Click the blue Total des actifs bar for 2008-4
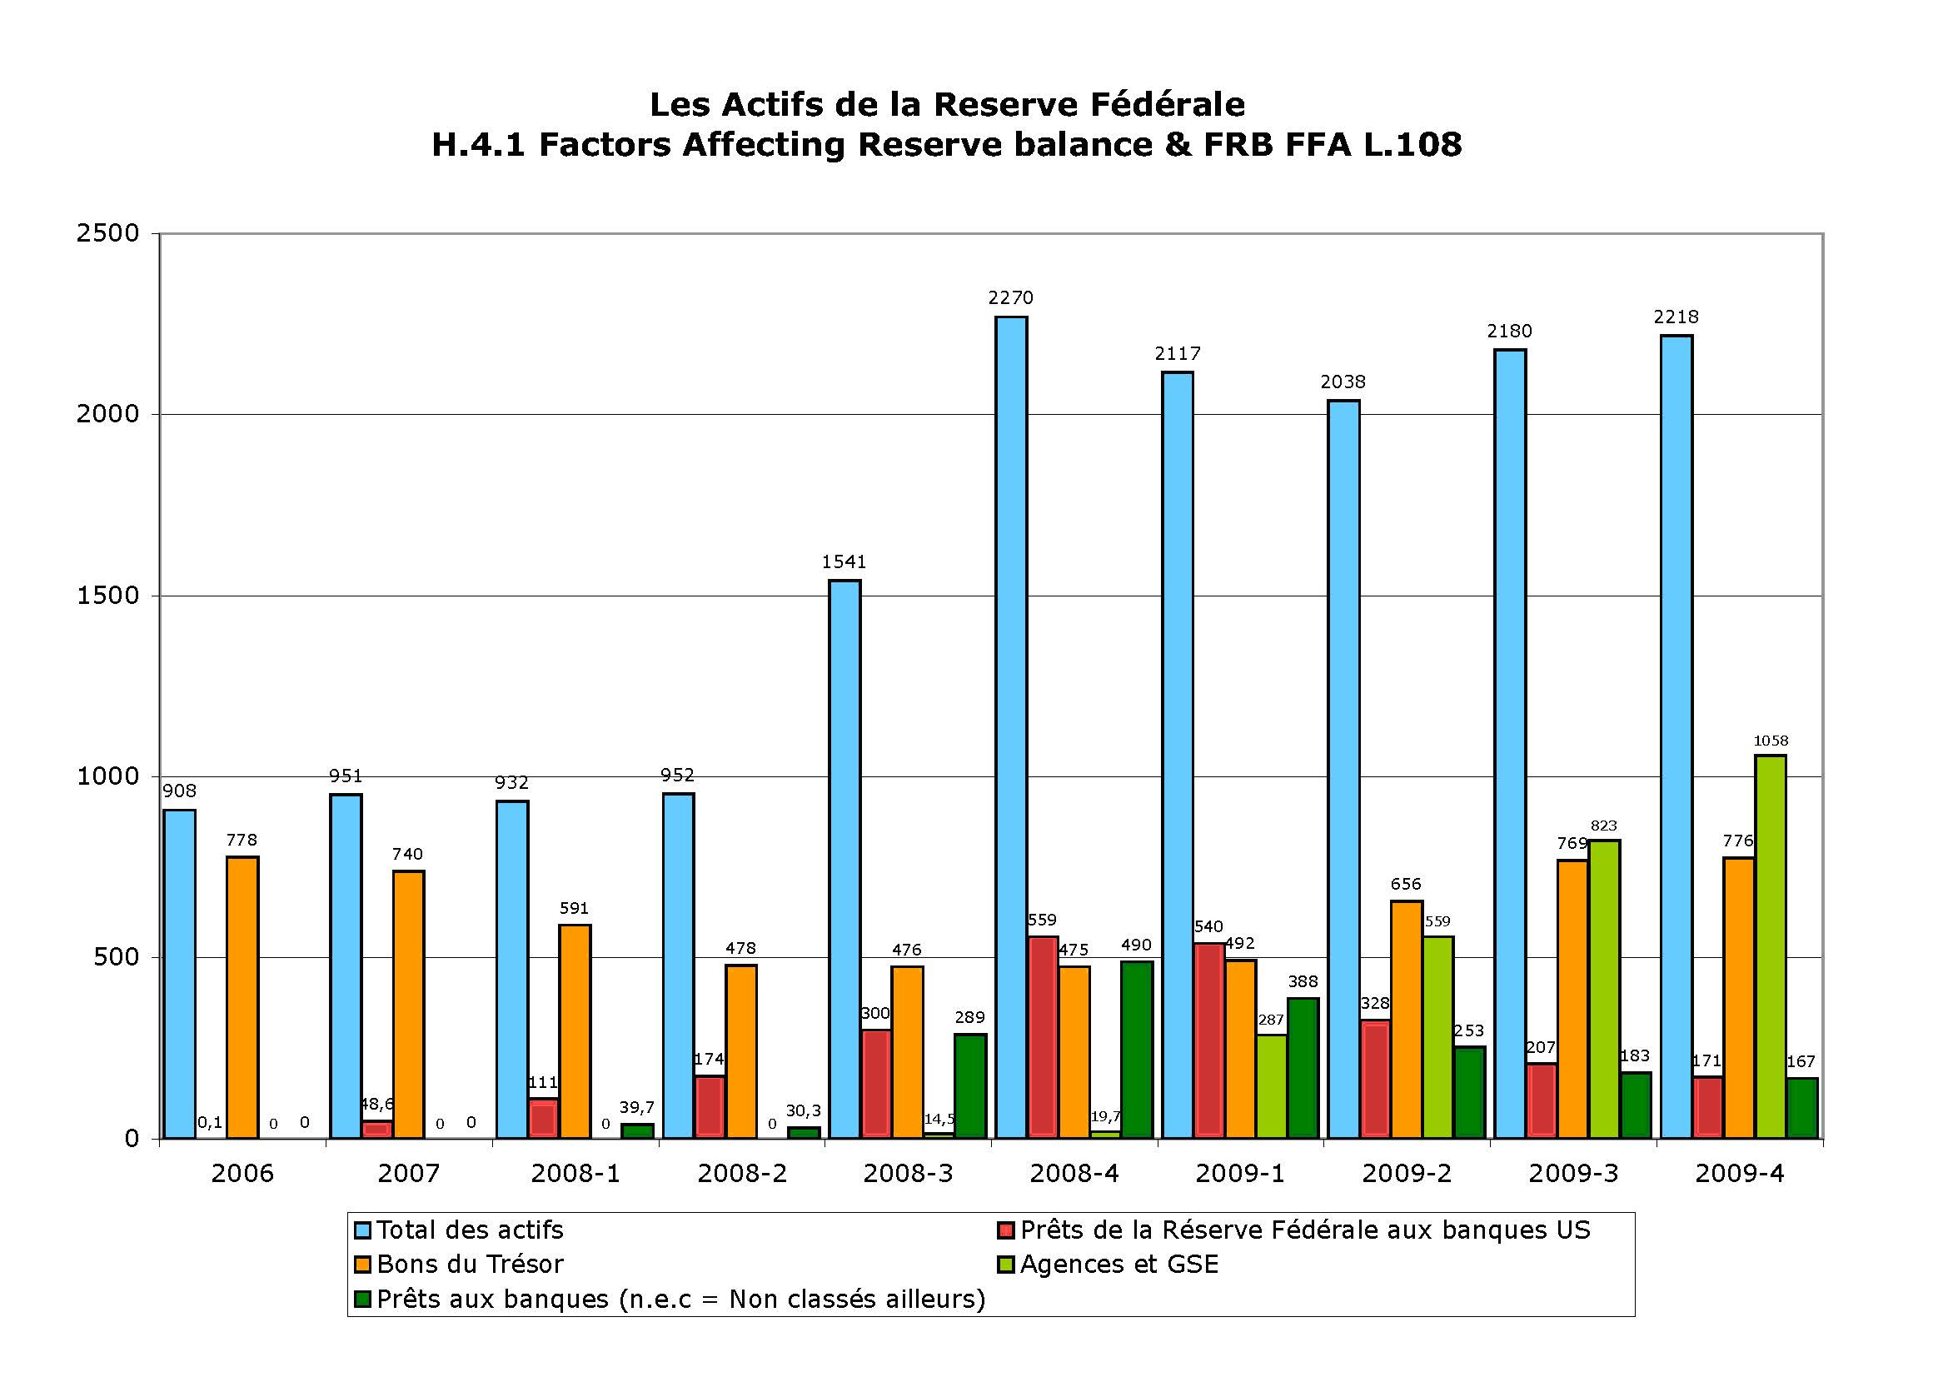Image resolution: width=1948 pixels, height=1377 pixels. tap(1011, 727)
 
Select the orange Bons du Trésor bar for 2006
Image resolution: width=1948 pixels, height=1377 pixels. tap(242, 997)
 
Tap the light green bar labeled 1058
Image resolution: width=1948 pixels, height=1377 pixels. tap(1771, 946)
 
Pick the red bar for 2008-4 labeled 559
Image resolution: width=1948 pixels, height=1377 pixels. tap(1043, 1037)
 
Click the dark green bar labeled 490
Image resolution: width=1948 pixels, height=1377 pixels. tap(1137, 1050)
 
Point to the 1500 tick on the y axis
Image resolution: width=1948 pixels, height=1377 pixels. tap(155, 596)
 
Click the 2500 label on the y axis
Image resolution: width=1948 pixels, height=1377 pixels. tap(107, 233)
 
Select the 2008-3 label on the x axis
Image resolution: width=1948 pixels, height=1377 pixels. tap(908, 1174)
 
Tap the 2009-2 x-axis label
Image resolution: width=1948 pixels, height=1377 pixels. tap(1407, 1174)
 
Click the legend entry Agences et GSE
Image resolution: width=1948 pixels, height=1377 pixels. tap(1109, 1265)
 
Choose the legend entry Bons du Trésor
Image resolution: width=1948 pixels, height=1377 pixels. tap(460, 1265)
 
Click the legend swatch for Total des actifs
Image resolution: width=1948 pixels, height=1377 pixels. tap(363, 1230)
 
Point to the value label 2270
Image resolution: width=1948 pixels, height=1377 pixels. tap(1010, 297)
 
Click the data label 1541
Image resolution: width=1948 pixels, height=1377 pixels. tap(844, 561)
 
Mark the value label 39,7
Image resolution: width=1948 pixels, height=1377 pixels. tap(636, 1107)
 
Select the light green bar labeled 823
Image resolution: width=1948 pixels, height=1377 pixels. tap(1604, 990)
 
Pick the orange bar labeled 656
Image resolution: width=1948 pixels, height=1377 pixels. tap(1407, 1019)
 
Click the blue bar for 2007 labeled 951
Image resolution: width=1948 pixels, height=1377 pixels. tap(346, 966)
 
